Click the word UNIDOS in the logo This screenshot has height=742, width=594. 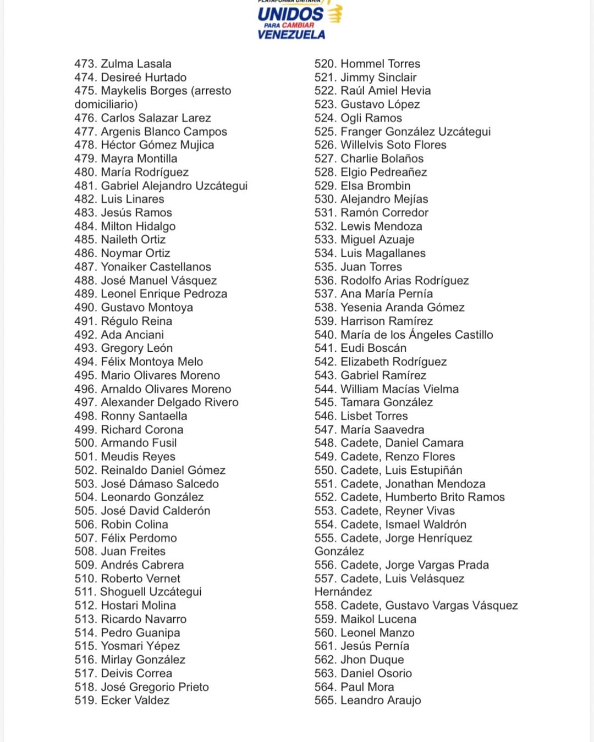(290, 14)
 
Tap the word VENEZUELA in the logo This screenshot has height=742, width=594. (291, 35)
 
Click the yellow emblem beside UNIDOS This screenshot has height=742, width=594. (335, 13)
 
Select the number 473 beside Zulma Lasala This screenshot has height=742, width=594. (85, 64)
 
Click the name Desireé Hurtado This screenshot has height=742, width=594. (144, 77)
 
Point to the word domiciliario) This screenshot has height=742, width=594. (106, 104)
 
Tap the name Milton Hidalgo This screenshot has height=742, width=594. (138, 226)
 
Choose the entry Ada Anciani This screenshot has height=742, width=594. (132, 335)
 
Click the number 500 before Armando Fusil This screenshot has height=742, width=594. (85, 443)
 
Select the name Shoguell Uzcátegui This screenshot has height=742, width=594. (151, 592)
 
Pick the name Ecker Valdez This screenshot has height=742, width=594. (135, 700)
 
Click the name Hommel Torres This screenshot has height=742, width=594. (380, 64)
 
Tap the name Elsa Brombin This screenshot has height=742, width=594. (375, 186)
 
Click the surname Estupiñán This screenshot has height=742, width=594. (432, 470)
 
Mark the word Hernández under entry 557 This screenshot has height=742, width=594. (343, 592)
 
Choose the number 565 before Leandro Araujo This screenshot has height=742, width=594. (325, 700)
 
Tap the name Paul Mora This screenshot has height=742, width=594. (367, 687)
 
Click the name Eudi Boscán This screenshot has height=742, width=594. (373, 348)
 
